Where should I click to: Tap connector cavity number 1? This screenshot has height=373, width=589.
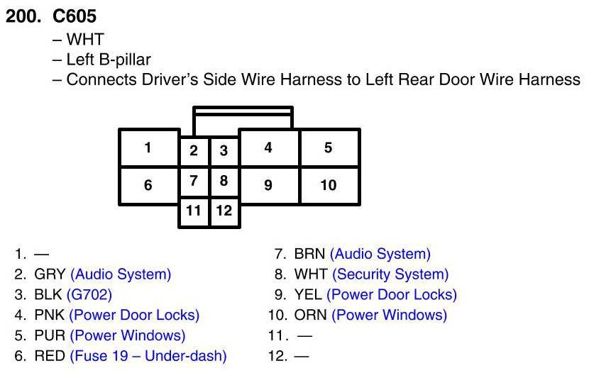point(148,148)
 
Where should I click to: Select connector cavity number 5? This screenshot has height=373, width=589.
point(328,148)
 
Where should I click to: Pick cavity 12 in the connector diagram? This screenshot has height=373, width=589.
point(224,211)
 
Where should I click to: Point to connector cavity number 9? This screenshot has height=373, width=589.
point(268,185)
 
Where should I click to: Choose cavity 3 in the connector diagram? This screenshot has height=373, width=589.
point(224,150)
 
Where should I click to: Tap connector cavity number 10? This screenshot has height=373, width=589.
point(328,185)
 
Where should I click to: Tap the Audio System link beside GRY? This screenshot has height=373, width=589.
point(121,274)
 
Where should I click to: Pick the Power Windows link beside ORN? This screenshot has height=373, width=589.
point(389,315)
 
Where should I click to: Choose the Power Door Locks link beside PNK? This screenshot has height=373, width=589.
point(134,315)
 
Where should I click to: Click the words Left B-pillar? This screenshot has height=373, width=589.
point(109,60)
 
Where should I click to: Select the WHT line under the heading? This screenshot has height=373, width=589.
point(83,40)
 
